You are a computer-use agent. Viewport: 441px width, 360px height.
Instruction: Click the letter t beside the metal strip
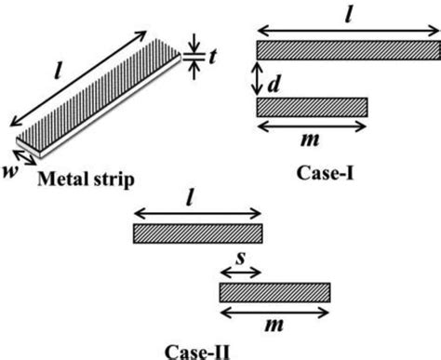point(213,55)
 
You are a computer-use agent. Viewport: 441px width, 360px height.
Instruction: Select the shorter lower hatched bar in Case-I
point(311,107)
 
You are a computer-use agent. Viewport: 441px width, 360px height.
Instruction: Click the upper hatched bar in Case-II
point(198,233)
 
